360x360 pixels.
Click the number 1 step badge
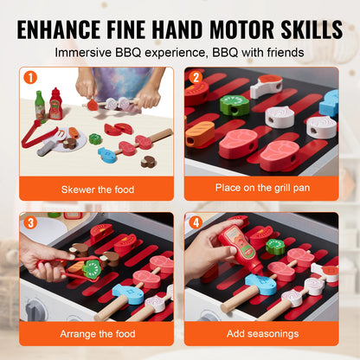[29, 78]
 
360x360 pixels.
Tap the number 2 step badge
[195, 78]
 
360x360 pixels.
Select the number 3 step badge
[29, 223]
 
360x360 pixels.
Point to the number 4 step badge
[195, 223]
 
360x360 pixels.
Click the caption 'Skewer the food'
[97, 188]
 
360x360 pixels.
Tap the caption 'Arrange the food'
[97, 334]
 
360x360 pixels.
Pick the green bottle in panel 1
[40, 107]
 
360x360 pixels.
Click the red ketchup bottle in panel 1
[55, 103]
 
